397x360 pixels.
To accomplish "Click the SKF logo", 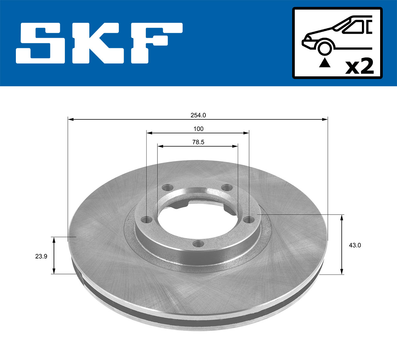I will point(99,43).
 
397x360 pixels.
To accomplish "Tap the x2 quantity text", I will point(359,66).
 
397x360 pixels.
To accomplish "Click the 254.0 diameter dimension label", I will point(198,115).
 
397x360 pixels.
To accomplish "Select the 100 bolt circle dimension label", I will point(198,129).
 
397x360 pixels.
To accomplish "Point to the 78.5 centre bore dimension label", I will point(198,142).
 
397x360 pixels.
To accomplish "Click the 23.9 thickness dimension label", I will point(41,256).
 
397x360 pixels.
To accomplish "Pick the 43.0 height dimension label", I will point(355,245).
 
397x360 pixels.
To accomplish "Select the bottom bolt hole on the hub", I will point(198,244).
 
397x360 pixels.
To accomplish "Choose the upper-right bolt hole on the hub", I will point(227,188).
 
